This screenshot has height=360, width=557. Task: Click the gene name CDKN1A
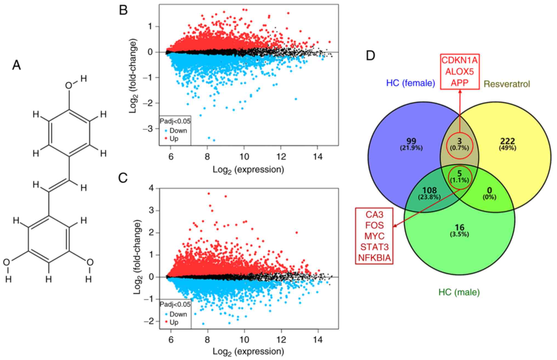pos(459,60)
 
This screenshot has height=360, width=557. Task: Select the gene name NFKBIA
pos(374,258)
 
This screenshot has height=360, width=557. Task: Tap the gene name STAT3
pos(374,247)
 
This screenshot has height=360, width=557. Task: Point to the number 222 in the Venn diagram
pos(508,141)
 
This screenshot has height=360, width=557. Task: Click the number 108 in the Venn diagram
pos(429,190)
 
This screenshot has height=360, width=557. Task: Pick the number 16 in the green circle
pos(459,227)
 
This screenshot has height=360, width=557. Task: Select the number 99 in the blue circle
pos(411,141)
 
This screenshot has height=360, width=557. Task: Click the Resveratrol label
pos(507,84)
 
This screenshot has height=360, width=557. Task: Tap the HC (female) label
pos(411,83)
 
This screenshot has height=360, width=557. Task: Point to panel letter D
pos(370,56)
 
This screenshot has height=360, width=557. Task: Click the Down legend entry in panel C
pos(178,314)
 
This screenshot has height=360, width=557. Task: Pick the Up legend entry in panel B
pos(174,139)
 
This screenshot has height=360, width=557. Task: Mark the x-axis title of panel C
pos(248,352)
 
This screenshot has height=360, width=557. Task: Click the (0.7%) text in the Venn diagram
pos(459,148)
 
